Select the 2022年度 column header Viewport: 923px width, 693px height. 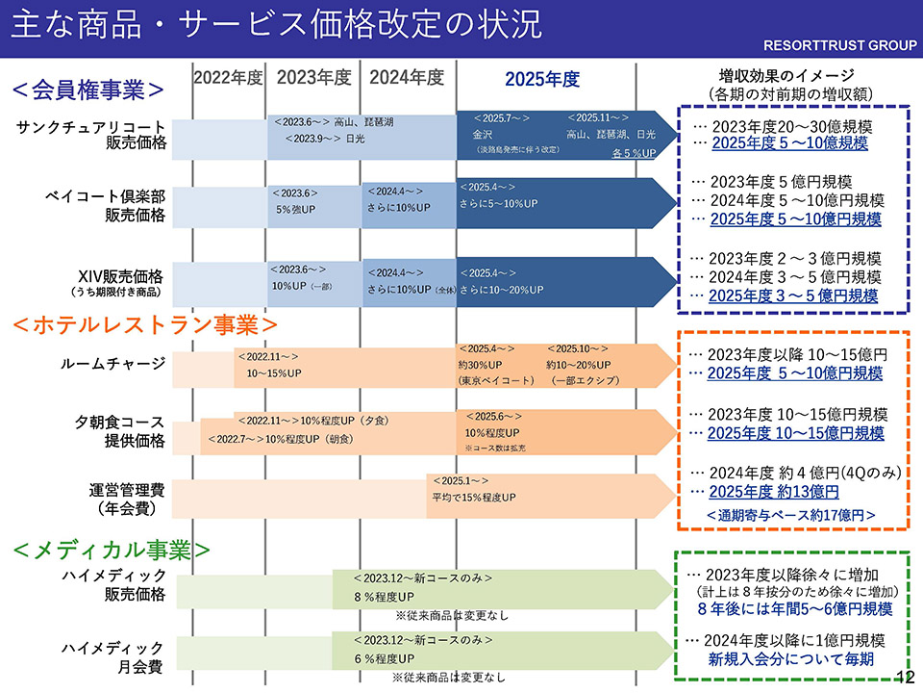click(x=228, y=78)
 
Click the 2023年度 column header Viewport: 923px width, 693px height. click(x=314, y=78)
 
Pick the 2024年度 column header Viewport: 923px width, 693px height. click(x=407, y=78)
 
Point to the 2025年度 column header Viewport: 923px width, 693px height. click(x=542, y=79)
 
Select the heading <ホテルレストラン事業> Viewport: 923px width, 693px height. click(x=145, y=324)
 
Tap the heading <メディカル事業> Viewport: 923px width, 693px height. click(x=112, y=550)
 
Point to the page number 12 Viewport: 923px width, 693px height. click(x=904, y=677)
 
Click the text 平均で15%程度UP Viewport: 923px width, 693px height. click(x=473, y=497)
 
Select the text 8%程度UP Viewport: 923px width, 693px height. click(x=384, y=597)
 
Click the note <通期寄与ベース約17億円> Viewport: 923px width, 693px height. click(x=791, y=515)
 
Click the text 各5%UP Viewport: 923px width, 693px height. click(x=634, y=153)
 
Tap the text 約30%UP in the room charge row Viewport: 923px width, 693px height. click(x=480, y=365)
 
